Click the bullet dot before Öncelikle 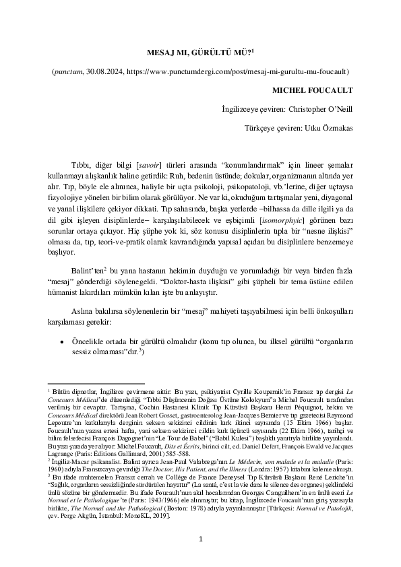(x=63, y=341)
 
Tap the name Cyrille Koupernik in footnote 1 (x=242, y=390)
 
